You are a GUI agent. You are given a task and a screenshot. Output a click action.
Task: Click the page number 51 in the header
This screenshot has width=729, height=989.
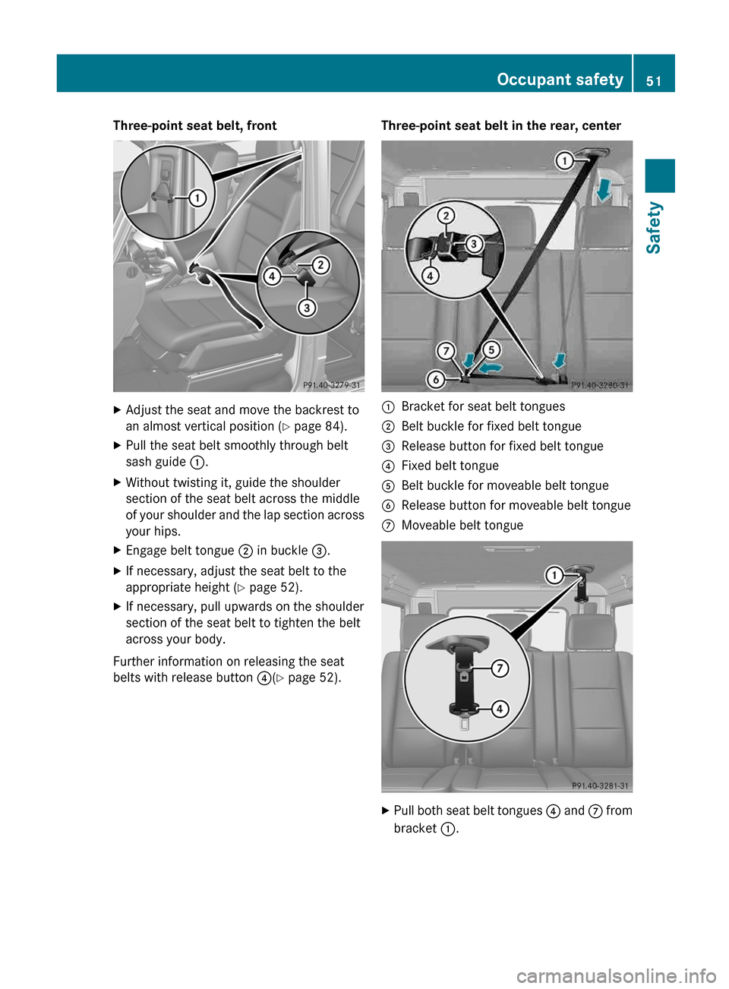pyautogui.click(x=653, y=81)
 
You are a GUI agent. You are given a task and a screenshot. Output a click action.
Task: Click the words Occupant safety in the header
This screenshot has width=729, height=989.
pyautogui.click(x=560, y=80)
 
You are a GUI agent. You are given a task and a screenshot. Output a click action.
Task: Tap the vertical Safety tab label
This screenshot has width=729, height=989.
pyautogui.click(x=654, y=228)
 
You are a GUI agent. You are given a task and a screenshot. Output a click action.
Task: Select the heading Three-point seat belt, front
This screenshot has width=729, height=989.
pyautogui.click(x=194, y=126)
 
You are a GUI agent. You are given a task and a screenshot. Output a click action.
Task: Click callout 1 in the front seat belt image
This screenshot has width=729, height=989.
pyautogui.click(x=197, y=198)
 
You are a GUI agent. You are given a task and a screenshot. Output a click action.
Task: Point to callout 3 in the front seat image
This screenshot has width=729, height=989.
pyautogui.click(x=307, y=308)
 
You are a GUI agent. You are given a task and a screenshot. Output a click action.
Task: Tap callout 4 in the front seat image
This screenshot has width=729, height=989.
pyautogui.click(x=272, y=276)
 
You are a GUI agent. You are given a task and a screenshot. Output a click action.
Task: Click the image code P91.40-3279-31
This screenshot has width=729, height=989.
pyautogui.click(x=332, y=385)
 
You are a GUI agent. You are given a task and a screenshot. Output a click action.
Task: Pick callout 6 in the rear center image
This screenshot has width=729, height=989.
pyautogui.click(x=436, y=379)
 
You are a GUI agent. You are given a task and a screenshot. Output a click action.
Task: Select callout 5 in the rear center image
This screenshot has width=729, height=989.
pyautogui.click(x=492, y=349)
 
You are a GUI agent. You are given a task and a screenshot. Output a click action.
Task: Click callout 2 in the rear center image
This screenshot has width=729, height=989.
pyautogui.click(x=447, y=216)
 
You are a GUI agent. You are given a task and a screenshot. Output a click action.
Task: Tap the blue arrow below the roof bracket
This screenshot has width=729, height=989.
pyautogui.click(x=604, y=189)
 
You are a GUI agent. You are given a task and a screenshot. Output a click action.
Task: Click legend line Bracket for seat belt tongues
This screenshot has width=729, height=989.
pyautogui.click(x=483, y=407)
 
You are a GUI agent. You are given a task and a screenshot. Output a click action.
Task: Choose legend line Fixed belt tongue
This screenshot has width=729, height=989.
pyautogui.click(x=450, y=466)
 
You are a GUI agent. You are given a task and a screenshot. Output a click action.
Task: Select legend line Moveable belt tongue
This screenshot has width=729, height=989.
pyautogui.click(x=462, y=526)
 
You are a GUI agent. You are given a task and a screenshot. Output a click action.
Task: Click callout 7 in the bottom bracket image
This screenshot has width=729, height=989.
pyautogui.click(x=500, y=668)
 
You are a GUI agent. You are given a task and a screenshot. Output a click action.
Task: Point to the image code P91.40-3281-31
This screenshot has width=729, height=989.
pyautogui.click(x=600, y=785)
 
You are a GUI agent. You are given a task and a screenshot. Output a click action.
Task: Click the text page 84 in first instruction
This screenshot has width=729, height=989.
pyautogui.click(x=318, y=427)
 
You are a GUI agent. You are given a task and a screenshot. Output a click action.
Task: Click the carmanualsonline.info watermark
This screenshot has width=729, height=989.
pyautogui.click(x=616, y=975)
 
